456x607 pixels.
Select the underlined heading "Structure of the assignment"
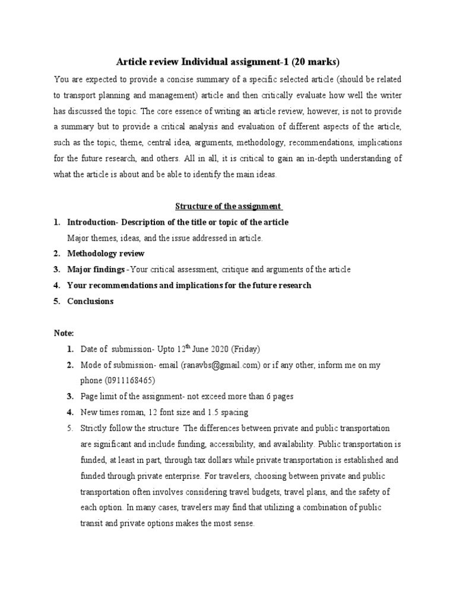pyautogui.click(x=228, y=206)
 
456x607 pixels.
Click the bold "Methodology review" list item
pyautogui.click(x=106, y=254)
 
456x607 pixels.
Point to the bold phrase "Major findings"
pyautogui.click(x=96, y=270)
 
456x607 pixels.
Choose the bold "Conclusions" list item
pyautogui.click(x=90, y=301)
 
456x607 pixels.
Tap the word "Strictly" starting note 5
pyautogui.click(x=94, y=428)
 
